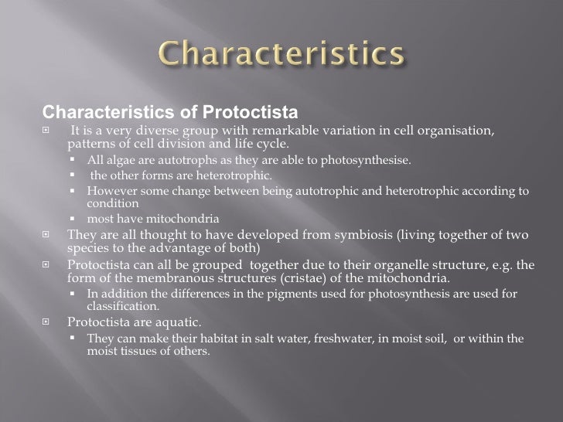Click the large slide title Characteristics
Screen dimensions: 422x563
[x=282, y=55]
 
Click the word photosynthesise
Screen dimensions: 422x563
[x=369, y=161]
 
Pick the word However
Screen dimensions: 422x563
[x=110, y=191]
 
